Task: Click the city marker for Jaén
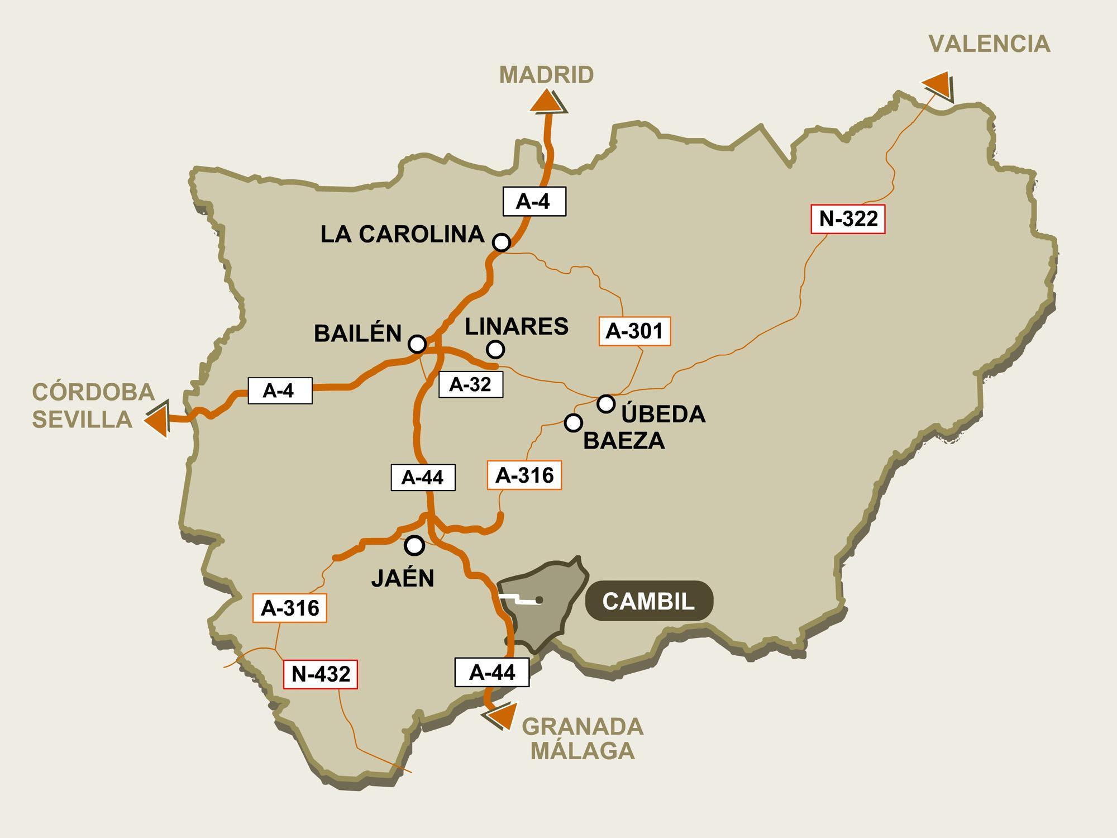414,545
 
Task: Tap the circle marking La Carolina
502,242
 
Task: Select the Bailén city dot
417,344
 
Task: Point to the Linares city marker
495,349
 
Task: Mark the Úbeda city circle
606,403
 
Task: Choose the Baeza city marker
573,423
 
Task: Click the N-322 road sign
848,219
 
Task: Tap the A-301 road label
634,331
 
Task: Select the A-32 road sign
470,384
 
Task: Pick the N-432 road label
321,674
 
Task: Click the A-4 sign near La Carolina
534,201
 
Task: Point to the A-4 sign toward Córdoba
279,390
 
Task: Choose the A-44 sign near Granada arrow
491,672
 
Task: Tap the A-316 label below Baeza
524,475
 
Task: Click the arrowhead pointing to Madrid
547,103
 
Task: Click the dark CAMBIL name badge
649,601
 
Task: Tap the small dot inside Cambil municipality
539,601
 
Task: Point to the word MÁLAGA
583,751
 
